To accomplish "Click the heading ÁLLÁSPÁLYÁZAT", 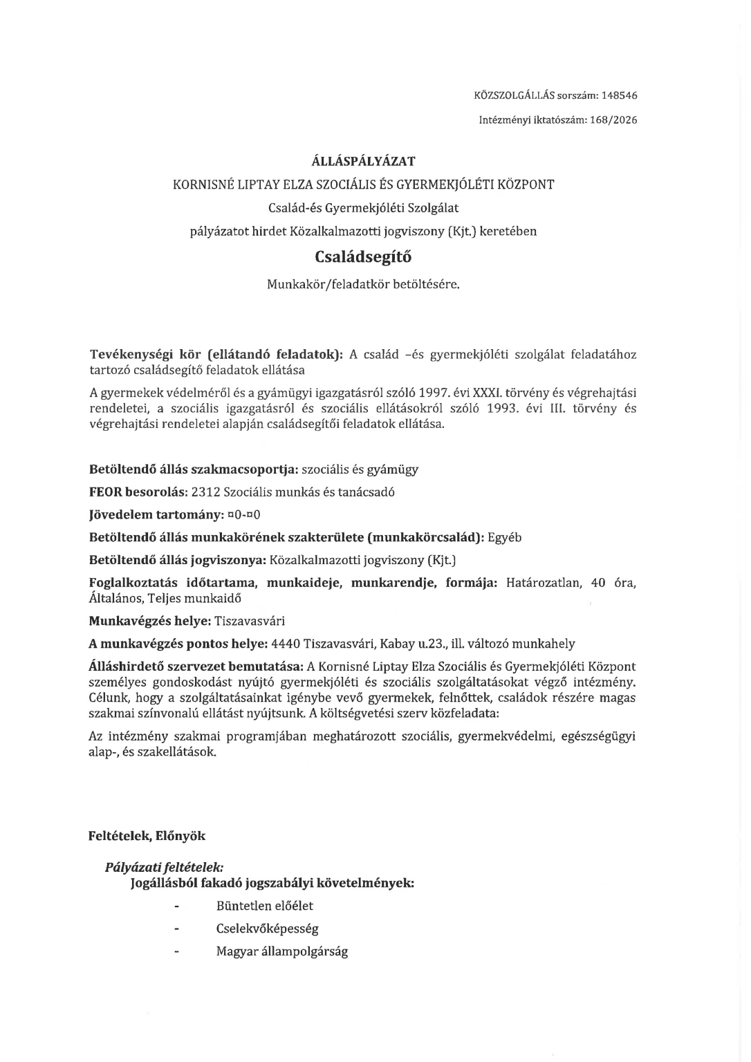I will (363, 162).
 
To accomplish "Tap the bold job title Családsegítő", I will (363, 257).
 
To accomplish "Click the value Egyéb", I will (505, 537).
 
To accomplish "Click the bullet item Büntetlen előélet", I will (264, 906).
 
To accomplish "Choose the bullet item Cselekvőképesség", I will (267, 929).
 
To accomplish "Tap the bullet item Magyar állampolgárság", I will (281, 951).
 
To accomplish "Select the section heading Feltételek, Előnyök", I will (147, 836).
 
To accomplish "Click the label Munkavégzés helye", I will (149, 621).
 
